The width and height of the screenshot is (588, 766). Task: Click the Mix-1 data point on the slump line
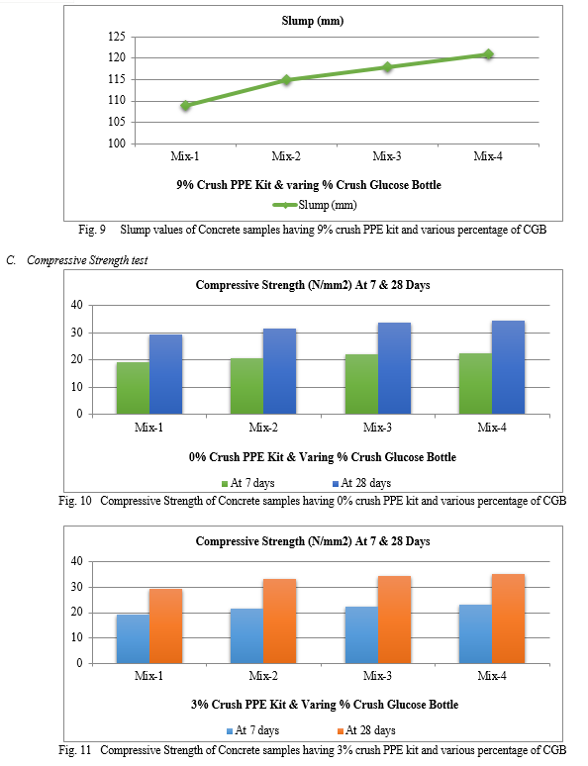coord(186,105)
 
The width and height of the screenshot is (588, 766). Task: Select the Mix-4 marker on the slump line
coord(488,54)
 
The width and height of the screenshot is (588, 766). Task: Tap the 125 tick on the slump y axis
coord(117,37)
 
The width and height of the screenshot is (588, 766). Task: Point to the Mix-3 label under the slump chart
coord(387,156)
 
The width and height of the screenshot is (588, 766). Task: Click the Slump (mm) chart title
coord(313,21)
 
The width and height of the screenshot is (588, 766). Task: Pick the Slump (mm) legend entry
coord(315,205)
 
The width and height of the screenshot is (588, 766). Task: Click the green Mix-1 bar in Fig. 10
coord(133,388)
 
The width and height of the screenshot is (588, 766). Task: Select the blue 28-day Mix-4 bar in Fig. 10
coord(509,367)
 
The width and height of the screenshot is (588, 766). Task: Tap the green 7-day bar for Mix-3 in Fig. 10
coord(361,384)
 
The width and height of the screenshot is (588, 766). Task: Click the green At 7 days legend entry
coord(248,483)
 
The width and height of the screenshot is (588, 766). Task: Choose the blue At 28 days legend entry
coord(361,483)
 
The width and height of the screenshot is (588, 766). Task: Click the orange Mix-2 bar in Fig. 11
coord(279,621)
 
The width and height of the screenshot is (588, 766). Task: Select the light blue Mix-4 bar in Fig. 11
coord(475,634)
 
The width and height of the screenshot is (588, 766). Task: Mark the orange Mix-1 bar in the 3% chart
coord(165,625)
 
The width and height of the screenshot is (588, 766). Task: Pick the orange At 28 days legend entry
coord(366,730)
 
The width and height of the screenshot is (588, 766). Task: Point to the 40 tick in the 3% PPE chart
coord(77,561)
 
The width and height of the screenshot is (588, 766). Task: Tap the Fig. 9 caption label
coord(92,230)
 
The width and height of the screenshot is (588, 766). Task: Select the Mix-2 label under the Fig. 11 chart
coord(263,676)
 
